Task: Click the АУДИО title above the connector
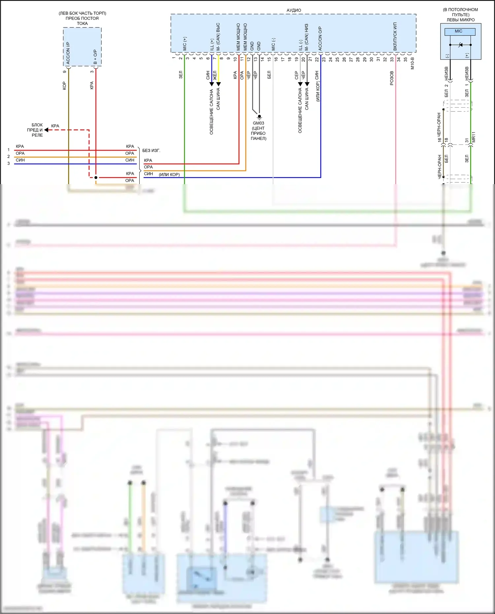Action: click(294, 10)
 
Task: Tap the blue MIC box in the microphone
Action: click(460, 32)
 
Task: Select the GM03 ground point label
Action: click(258, 123)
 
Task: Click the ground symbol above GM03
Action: click(259, 116)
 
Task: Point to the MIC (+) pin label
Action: click(184, 44)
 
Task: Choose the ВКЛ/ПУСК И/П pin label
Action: click(395, 36)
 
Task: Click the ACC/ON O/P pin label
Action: click(320, 38)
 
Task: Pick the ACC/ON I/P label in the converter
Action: click(68, 53)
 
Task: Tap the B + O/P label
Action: click(95, 57)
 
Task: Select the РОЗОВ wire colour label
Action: click(392, 78)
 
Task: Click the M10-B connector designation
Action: click(412, 63)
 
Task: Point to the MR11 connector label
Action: click(474, 137)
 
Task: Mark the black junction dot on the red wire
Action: click(96, 178)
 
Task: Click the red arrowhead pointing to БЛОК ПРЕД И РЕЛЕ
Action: click(47, 130)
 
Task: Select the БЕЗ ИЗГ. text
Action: click(151, 150)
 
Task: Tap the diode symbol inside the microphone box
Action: click(460, 45)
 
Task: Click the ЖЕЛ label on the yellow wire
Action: click(215, 75)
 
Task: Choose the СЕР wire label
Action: click(296, 75)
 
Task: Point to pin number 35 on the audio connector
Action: click(405, 60)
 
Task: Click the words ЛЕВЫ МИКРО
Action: click(461, 20)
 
